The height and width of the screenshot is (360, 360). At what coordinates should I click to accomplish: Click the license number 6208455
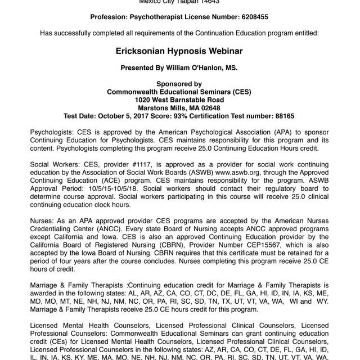pyautogui.click(x=253, y=17)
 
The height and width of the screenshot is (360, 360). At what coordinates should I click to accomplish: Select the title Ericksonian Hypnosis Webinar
pyautogui.click(x=179, y=51)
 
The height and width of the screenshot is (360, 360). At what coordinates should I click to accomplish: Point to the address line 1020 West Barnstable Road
pyautogui.click(x=179, y=100)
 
